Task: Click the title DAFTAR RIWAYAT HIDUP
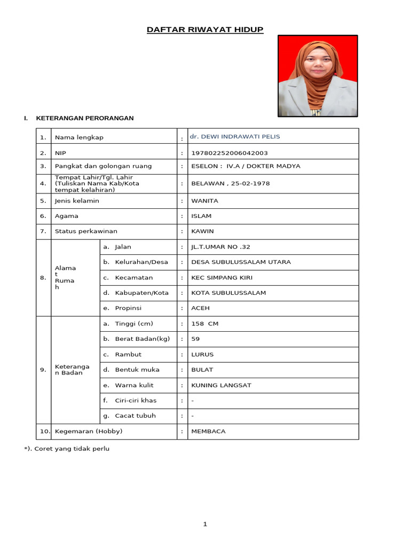(x=205, y=29)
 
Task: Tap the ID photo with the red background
(x=318, y=76)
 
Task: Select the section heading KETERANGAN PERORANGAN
(x=85, y=118)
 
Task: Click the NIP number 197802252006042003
(x=230, y=153)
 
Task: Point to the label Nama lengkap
(x=79, y=137)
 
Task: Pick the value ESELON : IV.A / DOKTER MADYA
(x=246, y=166)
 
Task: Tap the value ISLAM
(x=201, y=216)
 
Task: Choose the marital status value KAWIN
(x=202, y=231)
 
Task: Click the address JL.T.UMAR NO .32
(x=220, y=247)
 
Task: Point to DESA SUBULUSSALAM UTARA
(x=241, y=262)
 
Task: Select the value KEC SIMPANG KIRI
(x=222, y=278)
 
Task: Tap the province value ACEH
(x=201, y=308)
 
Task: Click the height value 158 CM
(x=205, y=324)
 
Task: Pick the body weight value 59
(x=195, y=339)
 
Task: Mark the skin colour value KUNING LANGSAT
(x=221, y=385)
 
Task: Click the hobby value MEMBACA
(x=208, y=431)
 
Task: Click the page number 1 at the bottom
(x=205, y=525)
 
